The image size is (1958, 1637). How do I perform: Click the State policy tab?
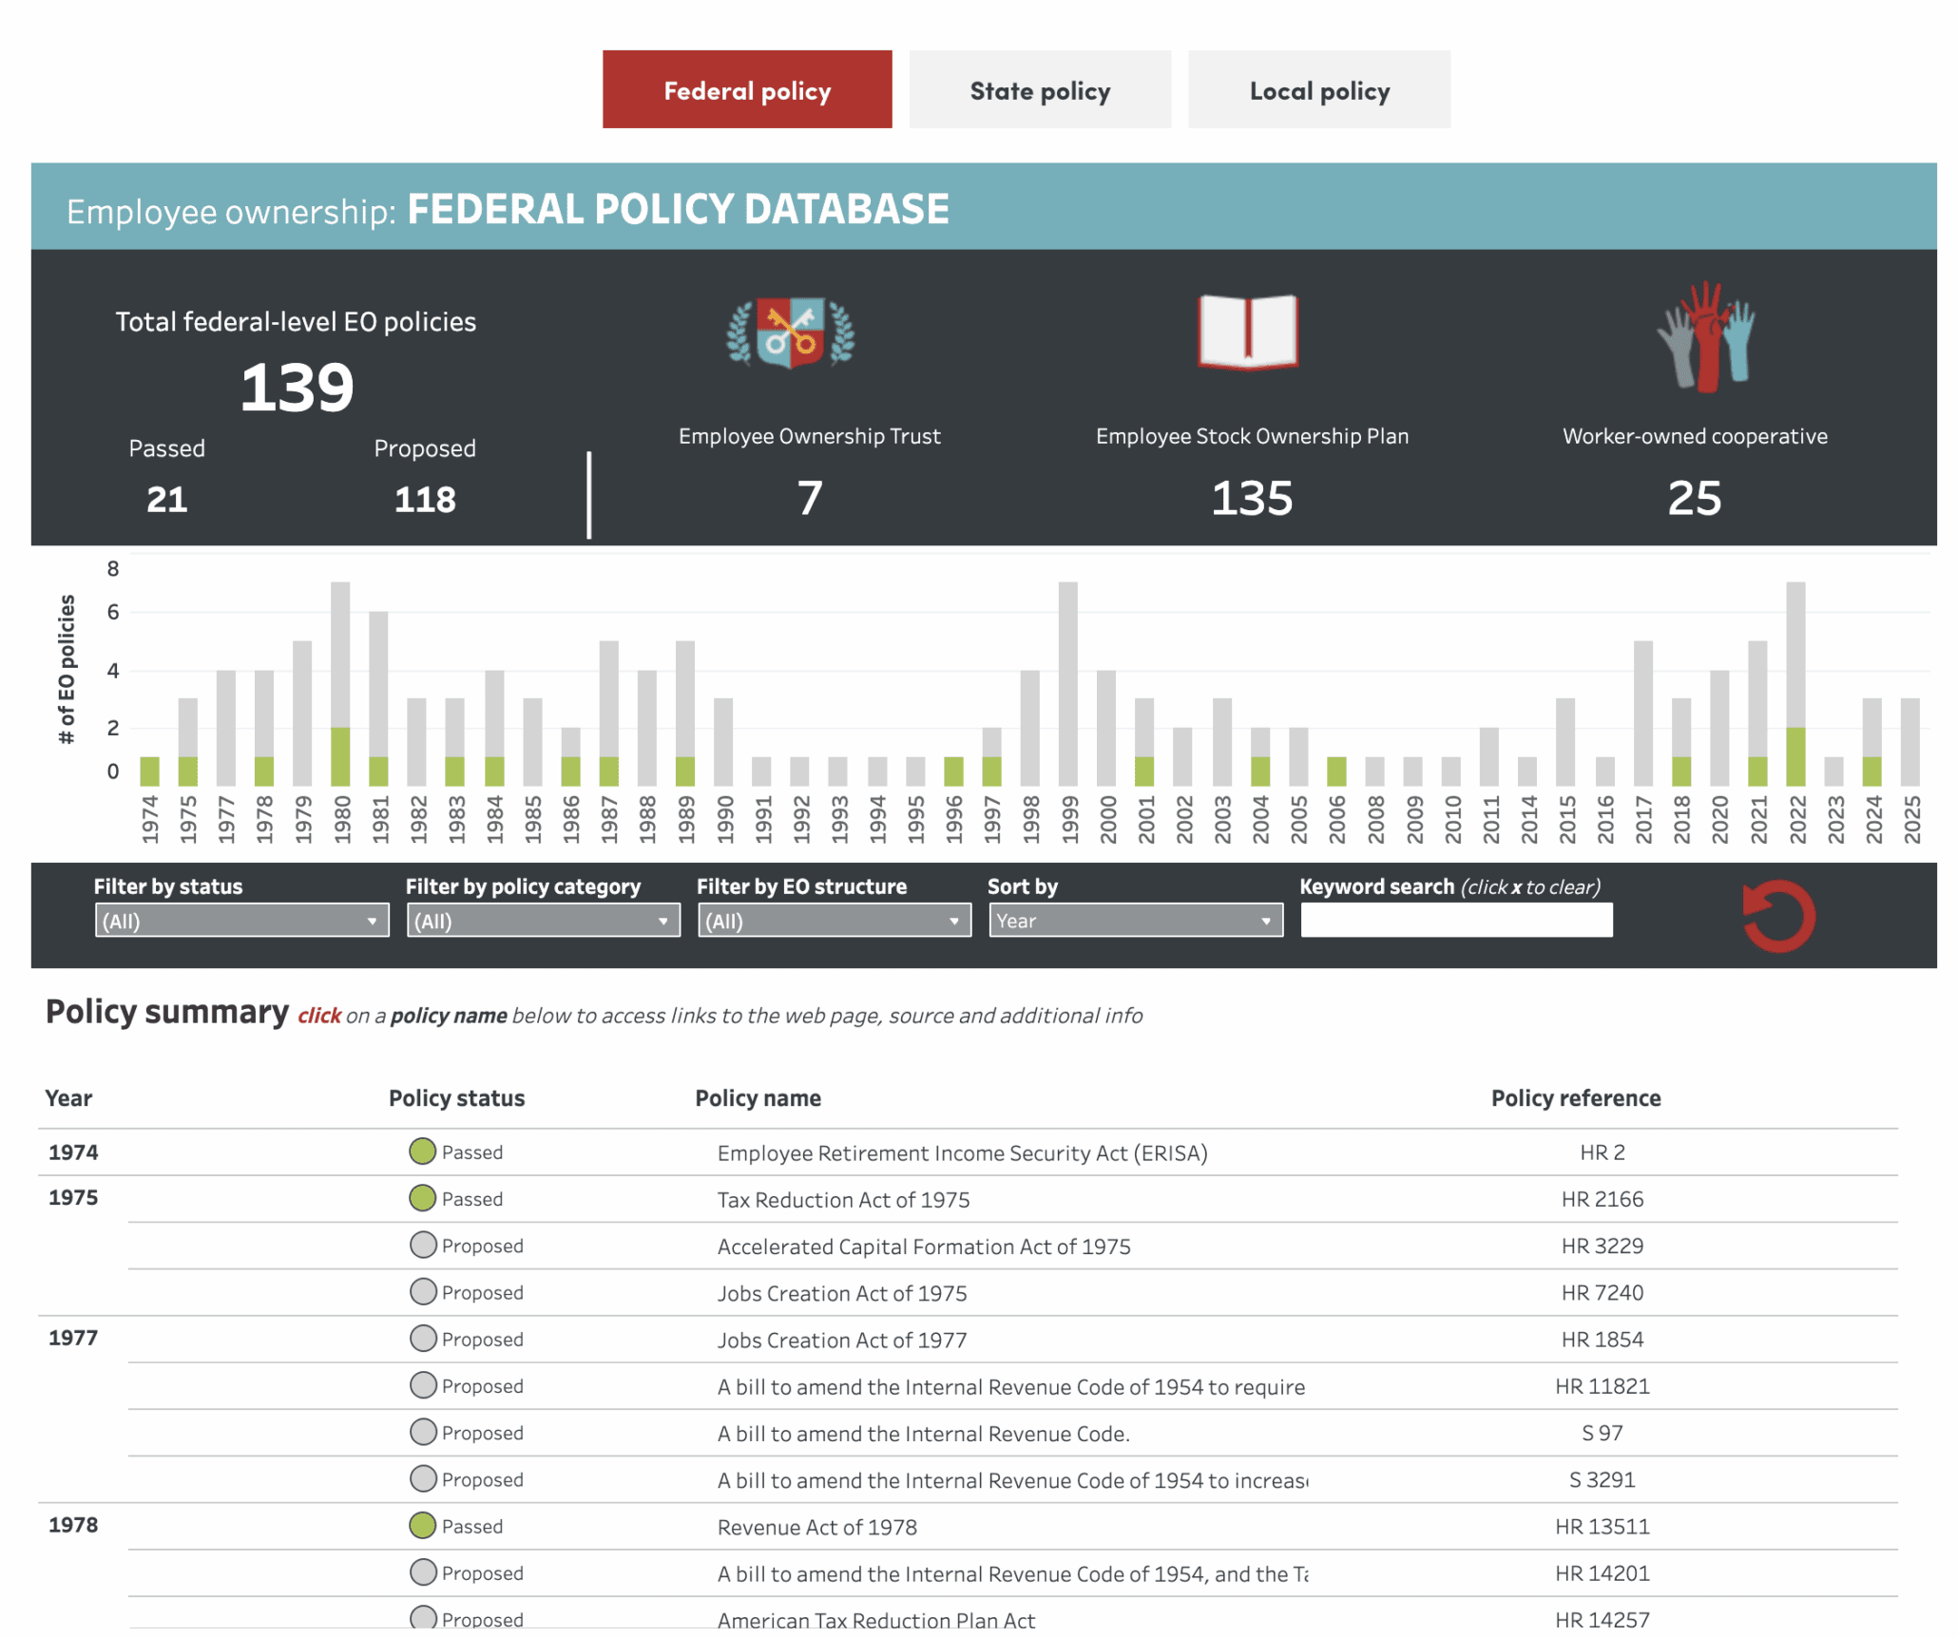[1039, 90]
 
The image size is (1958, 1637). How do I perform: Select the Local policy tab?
[1318, 90]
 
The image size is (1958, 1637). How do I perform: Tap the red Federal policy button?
[746, 90]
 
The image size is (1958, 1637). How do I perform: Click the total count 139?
[297, 388]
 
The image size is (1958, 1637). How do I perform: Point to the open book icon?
[1247, 333]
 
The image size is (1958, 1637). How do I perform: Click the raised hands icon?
[1706, 337]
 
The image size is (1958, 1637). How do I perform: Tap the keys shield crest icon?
[790, 333]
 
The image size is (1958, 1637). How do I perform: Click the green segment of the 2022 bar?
[1795, 756]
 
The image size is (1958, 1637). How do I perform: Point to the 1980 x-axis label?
[342, 818]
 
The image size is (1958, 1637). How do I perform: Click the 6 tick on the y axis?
[113, 613]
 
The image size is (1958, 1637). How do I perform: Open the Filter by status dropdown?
[241, 921]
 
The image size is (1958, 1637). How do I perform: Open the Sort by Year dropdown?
[1135, 921]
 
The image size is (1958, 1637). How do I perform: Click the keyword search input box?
[1455, 921]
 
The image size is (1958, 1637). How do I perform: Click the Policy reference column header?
[1575, 1098]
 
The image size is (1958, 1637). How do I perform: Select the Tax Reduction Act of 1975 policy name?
[843, 1200]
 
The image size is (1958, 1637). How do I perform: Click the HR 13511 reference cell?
[1602, 1527]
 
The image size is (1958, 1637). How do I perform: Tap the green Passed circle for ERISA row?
[422, 1152]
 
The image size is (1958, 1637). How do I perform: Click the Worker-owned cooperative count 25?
[1694, 498]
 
